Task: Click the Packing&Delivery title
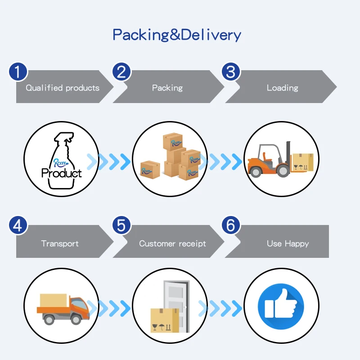[x=177, y=35]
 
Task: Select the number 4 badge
[x=18, y=225]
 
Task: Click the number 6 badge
[x=231, y=225]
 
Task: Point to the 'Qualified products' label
[x=63, y=88]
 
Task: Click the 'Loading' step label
[x=282, y=88]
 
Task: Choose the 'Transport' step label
[x=60, y=244]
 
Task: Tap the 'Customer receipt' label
[x=172, y=244]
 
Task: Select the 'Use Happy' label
[x=288, y=244]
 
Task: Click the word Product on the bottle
[x=62, y=173]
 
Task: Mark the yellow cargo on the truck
[x=53, y=301]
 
